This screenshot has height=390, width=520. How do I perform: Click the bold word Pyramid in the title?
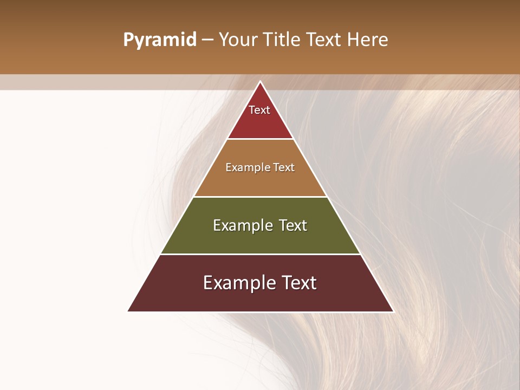[x=160, y=40]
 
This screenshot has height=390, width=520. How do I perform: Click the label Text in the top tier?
[x=259, y=110]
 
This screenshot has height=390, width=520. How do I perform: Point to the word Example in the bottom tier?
[x=237, y=283]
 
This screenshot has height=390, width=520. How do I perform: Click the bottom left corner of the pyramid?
[x=128, y=311]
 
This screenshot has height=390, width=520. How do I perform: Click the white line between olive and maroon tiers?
[x=260, y=254]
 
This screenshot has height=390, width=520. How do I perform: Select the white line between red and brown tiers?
[x=260, y=139]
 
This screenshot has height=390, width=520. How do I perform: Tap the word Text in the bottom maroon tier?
[x=297, y=283]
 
